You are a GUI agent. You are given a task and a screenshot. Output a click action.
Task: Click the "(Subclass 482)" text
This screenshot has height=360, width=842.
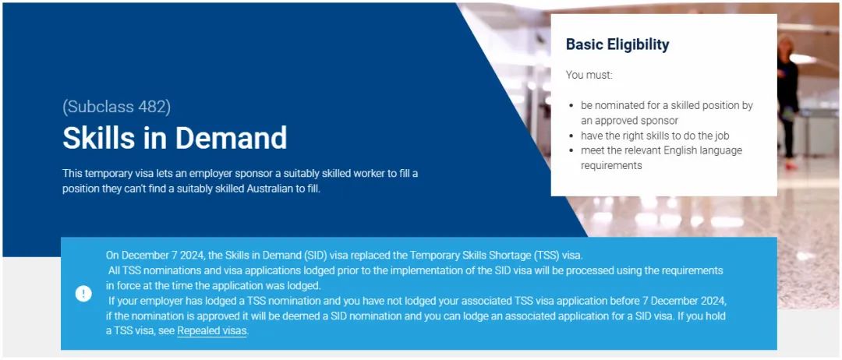tap(116, 107)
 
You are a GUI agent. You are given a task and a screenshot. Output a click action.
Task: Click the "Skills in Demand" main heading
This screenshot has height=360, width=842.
tap(175, 138)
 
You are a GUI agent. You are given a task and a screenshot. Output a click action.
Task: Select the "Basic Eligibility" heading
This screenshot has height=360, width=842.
tap(617, 44)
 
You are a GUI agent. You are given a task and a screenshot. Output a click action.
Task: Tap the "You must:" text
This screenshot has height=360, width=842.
tap(589, 75)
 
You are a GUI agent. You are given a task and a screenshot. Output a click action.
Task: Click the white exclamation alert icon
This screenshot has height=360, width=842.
tap(83, 294)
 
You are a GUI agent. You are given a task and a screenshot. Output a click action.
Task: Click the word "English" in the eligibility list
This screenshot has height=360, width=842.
tap(681, 150)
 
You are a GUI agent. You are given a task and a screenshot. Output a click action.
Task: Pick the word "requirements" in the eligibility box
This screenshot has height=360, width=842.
tap(611, 166)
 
